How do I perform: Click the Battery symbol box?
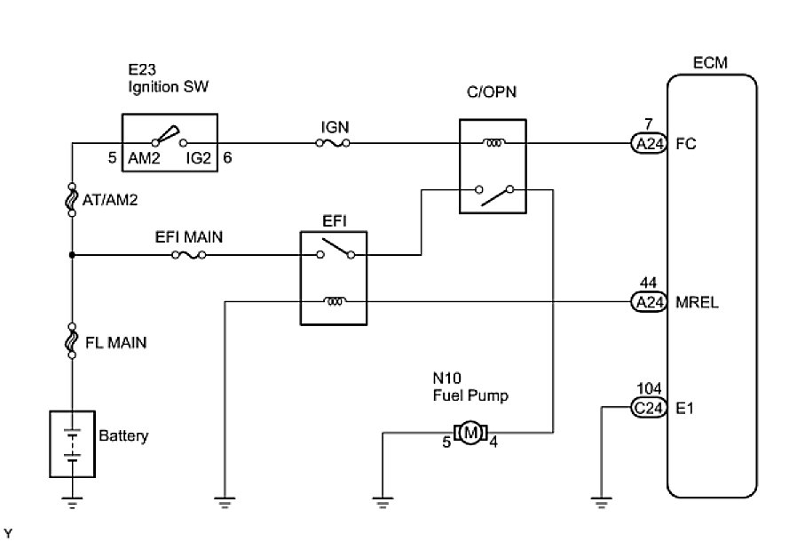72,443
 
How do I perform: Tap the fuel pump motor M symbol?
470,433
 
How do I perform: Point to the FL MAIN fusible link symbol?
72,343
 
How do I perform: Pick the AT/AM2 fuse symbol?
72,200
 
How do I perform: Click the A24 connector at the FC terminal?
648,143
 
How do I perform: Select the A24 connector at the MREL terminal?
648,302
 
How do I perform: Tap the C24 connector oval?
648,407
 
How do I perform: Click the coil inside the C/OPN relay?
492,143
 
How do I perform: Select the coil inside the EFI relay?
335,302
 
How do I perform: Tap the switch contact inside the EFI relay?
335,250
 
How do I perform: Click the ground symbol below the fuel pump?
382,503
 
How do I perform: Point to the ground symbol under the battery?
72,503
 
